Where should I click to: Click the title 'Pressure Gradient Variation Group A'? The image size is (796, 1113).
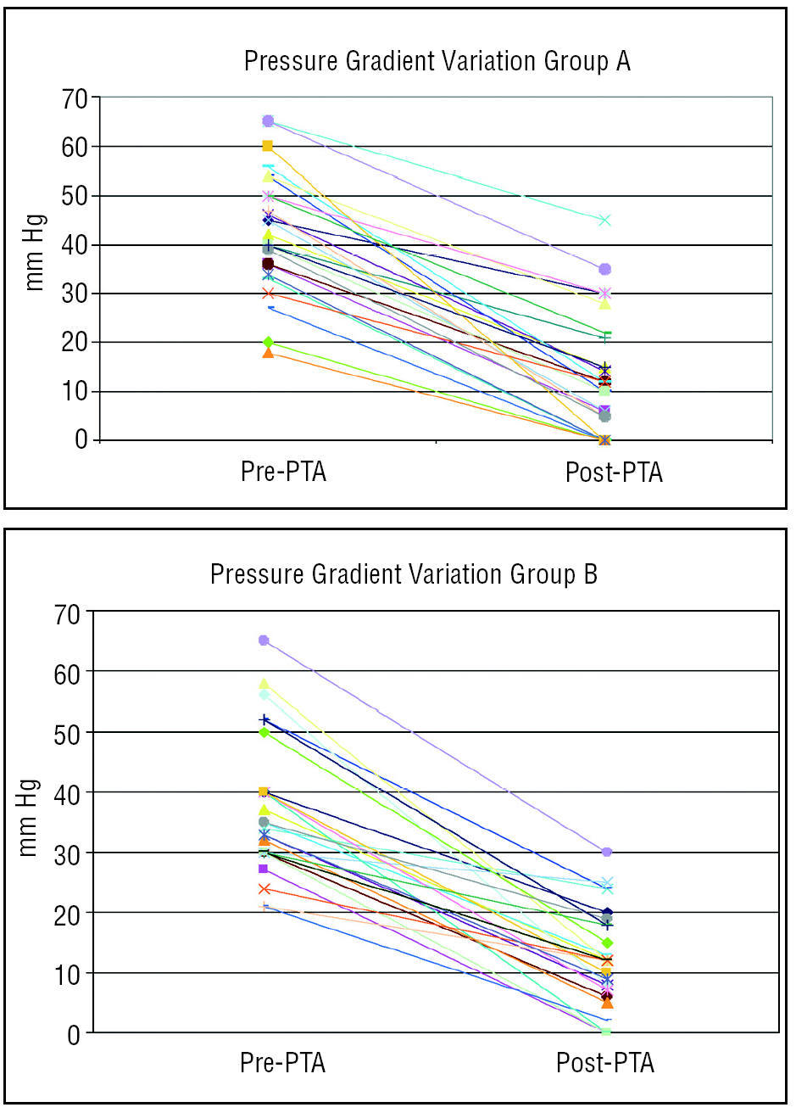coord(437,62)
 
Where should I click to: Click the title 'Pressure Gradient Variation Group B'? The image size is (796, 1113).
coord(404,574)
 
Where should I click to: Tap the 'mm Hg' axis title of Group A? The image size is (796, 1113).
coord(35,253)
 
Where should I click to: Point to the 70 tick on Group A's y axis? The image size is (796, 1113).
coord(75,98)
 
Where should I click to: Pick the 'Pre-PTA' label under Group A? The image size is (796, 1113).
coord(283,472)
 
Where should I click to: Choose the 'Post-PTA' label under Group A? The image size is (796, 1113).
coord(614,473)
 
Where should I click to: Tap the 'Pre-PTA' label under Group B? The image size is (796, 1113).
coord(282,1062)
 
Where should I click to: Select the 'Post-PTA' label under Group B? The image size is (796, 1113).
coord(604,1063)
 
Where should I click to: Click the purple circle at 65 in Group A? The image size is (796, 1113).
coord(268,121)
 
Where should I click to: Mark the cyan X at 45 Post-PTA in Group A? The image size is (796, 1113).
coord(604,221)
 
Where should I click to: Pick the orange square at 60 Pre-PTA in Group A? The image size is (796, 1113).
coord(268,146)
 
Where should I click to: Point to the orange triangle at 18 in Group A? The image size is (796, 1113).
coord(268,352)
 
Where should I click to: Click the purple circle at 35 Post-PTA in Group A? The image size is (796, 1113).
coord(604,269)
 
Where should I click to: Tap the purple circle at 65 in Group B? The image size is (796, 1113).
coord(264,640)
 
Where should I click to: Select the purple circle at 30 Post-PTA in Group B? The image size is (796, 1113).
coord(607,852)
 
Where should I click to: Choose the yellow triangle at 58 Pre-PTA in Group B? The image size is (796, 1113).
coord(264,683)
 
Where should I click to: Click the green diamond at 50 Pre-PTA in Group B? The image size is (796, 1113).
coord(264,732)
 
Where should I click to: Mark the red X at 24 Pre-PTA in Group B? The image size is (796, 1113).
coord(264,889)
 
